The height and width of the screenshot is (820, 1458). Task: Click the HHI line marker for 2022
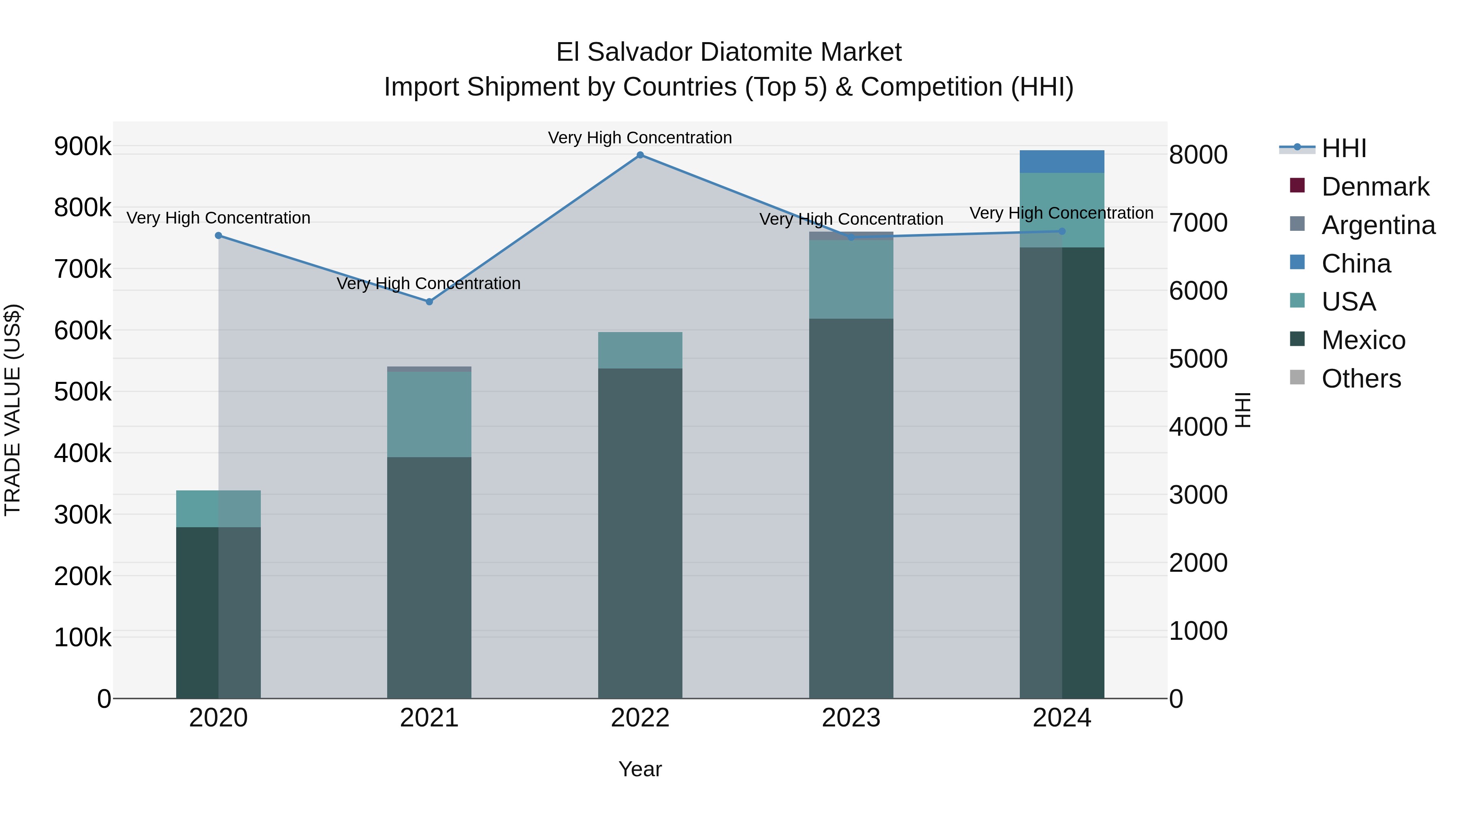pos(640,155)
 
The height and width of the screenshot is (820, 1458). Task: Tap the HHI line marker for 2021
pos(429,302)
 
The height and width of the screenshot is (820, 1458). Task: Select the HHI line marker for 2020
pos(218,235)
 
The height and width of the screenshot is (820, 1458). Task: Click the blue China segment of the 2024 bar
pos(1062,162)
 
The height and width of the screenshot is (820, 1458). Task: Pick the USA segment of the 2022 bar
pos(640,350)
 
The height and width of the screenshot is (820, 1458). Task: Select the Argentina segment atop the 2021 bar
pos(429,369)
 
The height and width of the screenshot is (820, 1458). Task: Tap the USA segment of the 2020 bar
pos(218,509)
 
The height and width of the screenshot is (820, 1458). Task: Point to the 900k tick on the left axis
pos(83,147)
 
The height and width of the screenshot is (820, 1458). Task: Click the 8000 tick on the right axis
pos(1198,155)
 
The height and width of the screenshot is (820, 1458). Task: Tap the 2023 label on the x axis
pos(850,718)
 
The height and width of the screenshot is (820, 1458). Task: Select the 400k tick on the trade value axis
pos(83,453)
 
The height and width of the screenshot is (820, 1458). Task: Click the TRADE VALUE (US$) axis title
pos(13,410)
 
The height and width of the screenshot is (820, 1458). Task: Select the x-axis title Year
pos(640,769)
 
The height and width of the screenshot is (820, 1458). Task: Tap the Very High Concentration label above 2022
pos(640,138)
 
